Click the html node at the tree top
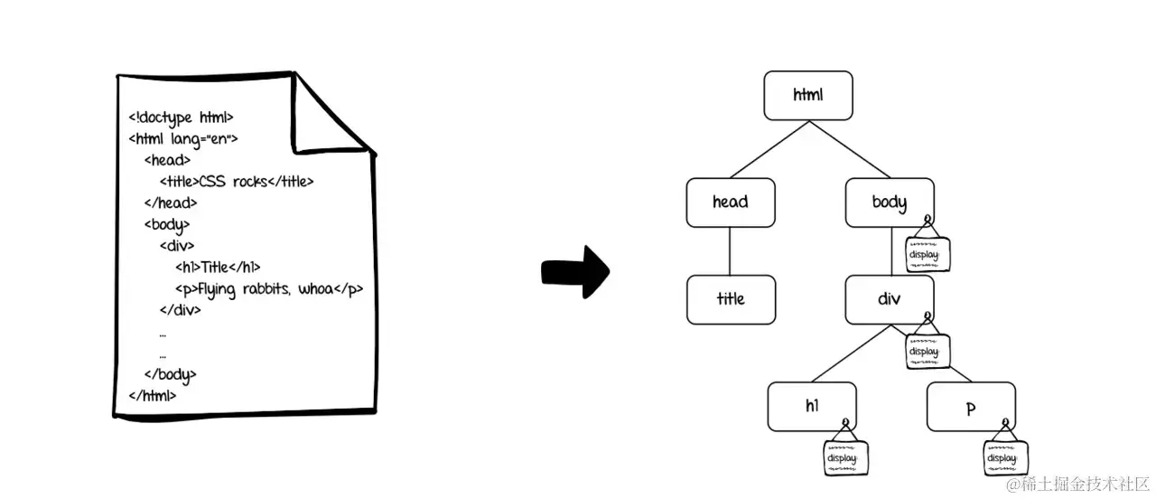pyautogui.click(x=808, y=96)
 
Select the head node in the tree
pyautogui.click(x=731, y=202)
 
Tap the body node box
pyautogui.click(x=890, y=202)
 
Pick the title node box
pyautogui.click(x=731, y=299)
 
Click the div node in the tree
pyautogui.click(x=890, y=299)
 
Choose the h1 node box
pyautogui.click(x=812, y=407)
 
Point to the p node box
pyautogui.click(x=971, y=407)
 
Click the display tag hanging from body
pyautogui.click(x=928, y=254)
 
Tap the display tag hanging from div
pyautogui.click(x=928, y=351)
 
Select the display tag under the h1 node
pyautogui.click(x=846, y=457)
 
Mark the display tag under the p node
pyautogui.click(x=1006, y=457)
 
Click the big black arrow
pyautogui.click(x=575, y=272)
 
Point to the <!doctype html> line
pyautogui.click(x=182, y=118)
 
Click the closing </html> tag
pyautogui.click(x=153, y=396)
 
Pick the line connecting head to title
pyautogui.click(x=730, y=251)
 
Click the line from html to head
pyautogui.click(x=769, y=149)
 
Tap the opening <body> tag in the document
pyautogui.click(x=167, y=225)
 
